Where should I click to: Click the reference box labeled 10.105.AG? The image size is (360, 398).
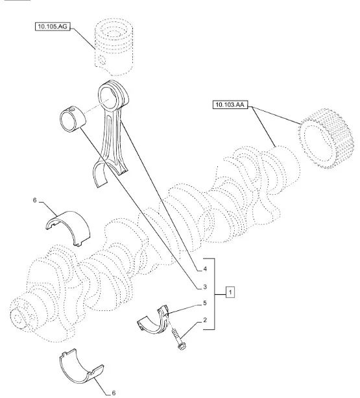click(53, 27)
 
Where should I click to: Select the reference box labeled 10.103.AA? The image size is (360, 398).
click(230, 105)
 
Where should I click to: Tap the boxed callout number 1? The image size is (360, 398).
click(230, 292)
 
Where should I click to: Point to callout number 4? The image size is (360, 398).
click(205, 269)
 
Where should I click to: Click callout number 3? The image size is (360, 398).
click(205, 287)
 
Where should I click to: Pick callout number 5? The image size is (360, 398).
click(205, 303)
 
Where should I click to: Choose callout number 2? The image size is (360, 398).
click(205, 320)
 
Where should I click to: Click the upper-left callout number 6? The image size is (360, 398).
click(35, 200)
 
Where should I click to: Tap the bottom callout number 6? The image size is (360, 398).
click(114, 393)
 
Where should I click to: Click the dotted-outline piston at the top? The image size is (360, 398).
click(114, 47)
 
